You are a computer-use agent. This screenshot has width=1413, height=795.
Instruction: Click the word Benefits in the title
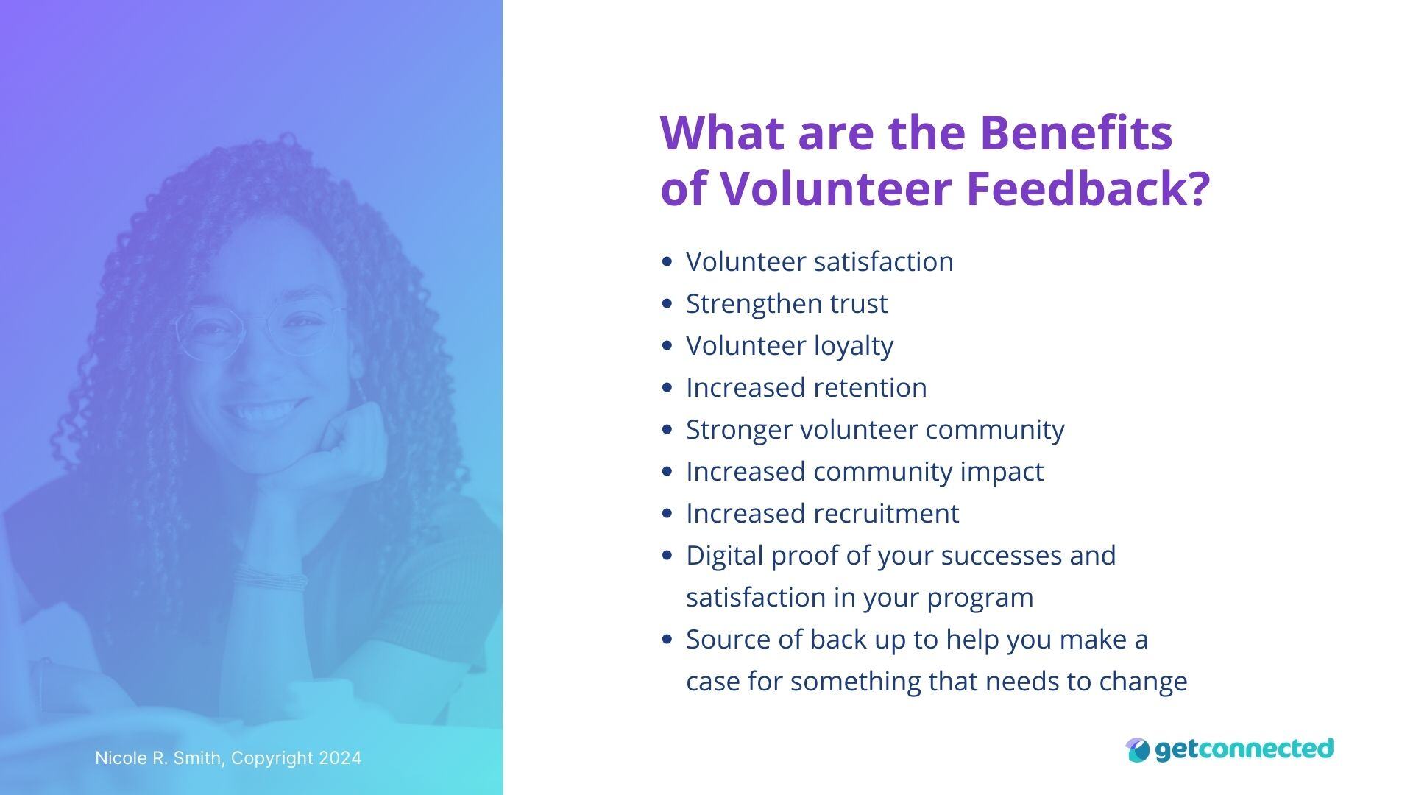pos(1076,132)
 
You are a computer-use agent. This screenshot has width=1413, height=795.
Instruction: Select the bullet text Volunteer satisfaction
pos(819,262)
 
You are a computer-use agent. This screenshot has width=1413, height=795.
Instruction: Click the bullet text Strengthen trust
pos(786,304)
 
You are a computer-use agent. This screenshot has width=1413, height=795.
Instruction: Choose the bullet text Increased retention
pos(806,388)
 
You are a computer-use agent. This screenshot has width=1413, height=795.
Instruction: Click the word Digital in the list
pos(724,556)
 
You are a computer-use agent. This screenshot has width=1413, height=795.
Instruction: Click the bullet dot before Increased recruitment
pos(667,513)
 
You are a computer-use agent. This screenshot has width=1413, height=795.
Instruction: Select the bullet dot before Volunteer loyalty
pos(667,345)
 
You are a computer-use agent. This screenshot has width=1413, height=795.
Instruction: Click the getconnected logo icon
pos(1137,750)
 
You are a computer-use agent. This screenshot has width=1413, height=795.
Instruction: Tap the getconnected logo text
pos(1244,749)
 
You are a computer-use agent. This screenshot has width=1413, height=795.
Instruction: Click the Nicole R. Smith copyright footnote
pos(228,758)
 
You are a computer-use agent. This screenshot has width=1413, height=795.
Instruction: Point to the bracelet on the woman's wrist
pos(270,579)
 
